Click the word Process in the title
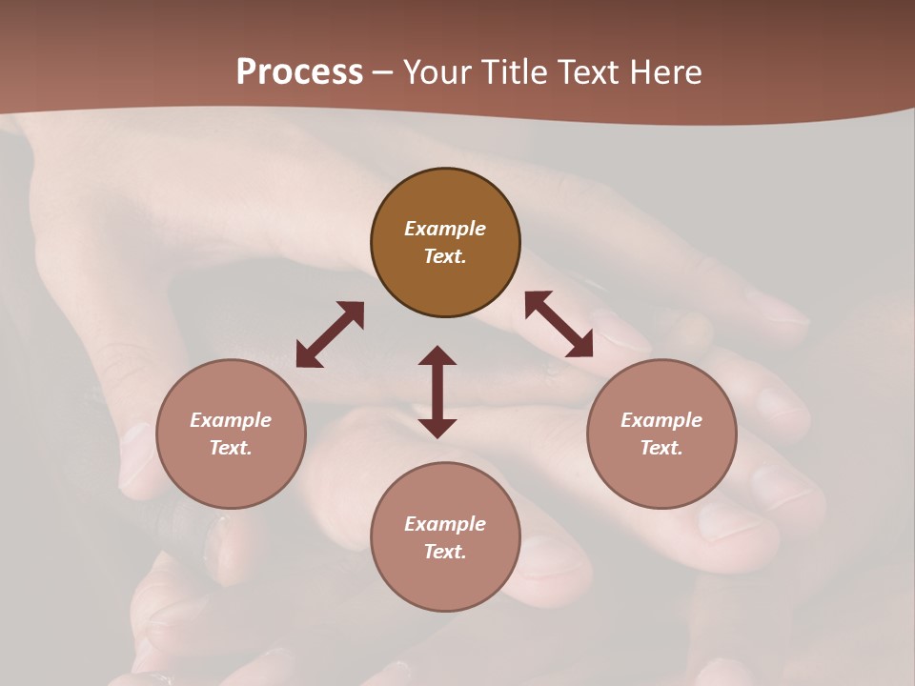point(299,72)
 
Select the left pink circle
point(231,476)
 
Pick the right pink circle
point(661,476)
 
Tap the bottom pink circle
point(445,581)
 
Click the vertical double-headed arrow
point(437,392)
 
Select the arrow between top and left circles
point(330,334)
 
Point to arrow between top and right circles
point(559,324)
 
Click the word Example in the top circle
point(445,229)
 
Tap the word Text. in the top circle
point(445,256)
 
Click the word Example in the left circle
point(231,420)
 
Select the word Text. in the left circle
point(231,448)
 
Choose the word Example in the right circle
point(661,420)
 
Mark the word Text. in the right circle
point(661,448)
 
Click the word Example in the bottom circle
point(445,524)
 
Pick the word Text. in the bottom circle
point(445,552)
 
